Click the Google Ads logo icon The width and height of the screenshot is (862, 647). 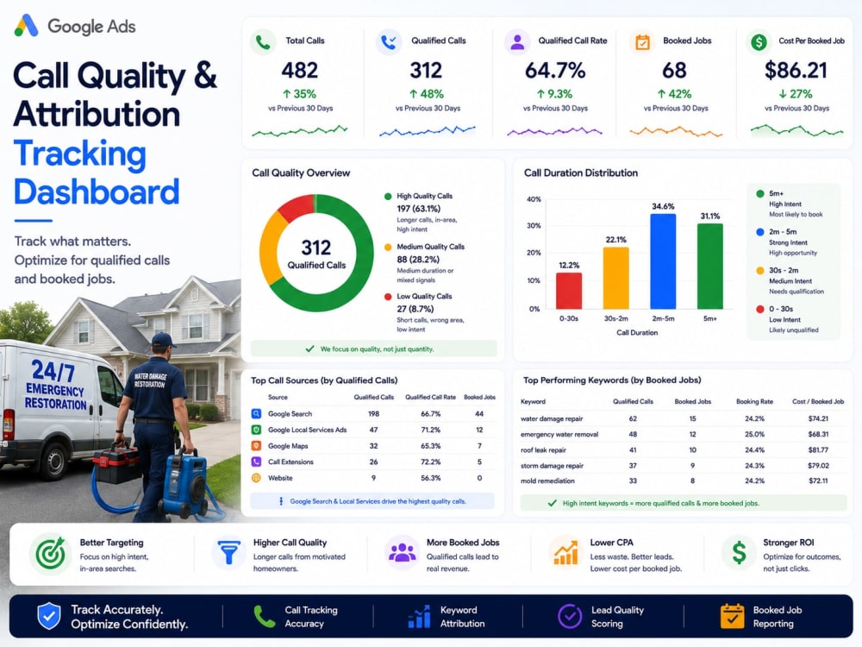point(27,26)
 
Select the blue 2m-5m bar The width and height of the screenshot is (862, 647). point(662,261)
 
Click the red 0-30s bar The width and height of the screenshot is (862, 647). point(568,291)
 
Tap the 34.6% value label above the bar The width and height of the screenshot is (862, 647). point(662,206)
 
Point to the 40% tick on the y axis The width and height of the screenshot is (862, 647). point(534,199)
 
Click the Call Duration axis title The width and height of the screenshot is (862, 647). point(637,332)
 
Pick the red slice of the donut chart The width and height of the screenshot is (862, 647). point(296,208)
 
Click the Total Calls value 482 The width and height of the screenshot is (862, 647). point(300,71)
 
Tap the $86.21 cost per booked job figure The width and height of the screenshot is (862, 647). point(796,71)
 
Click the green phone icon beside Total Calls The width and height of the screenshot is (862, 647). point(263,42)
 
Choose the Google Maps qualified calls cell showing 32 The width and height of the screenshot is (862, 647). point(374,446)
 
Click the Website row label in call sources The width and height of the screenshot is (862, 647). point(280,478)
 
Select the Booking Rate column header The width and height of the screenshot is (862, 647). point(754,402)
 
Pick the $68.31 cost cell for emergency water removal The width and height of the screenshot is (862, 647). point(818,434)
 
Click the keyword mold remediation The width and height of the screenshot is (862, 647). point(547,481)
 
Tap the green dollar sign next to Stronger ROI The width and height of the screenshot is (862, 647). point(739,552)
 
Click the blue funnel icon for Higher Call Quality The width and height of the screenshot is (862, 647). point(228,553)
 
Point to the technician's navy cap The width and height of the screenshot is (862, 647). point(163,340)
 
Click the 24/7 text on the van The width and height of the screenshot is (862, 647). point(53,370)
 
